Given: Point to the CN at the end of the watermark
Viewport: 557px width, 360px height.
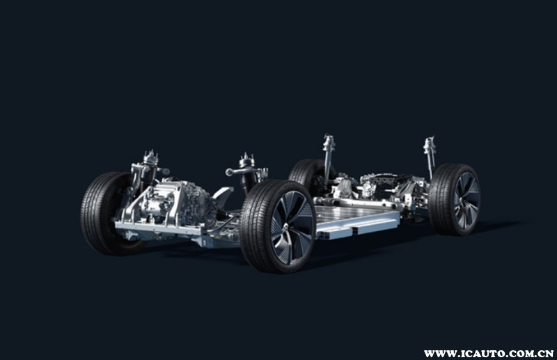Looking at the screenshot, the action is coord(547,354).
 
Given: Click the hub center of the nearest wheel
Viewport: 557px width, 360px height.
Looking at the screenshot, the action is coord(286,228).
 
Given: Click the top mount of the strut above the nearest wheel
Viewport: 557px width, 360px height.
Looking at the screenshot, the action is coord(246,160).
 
